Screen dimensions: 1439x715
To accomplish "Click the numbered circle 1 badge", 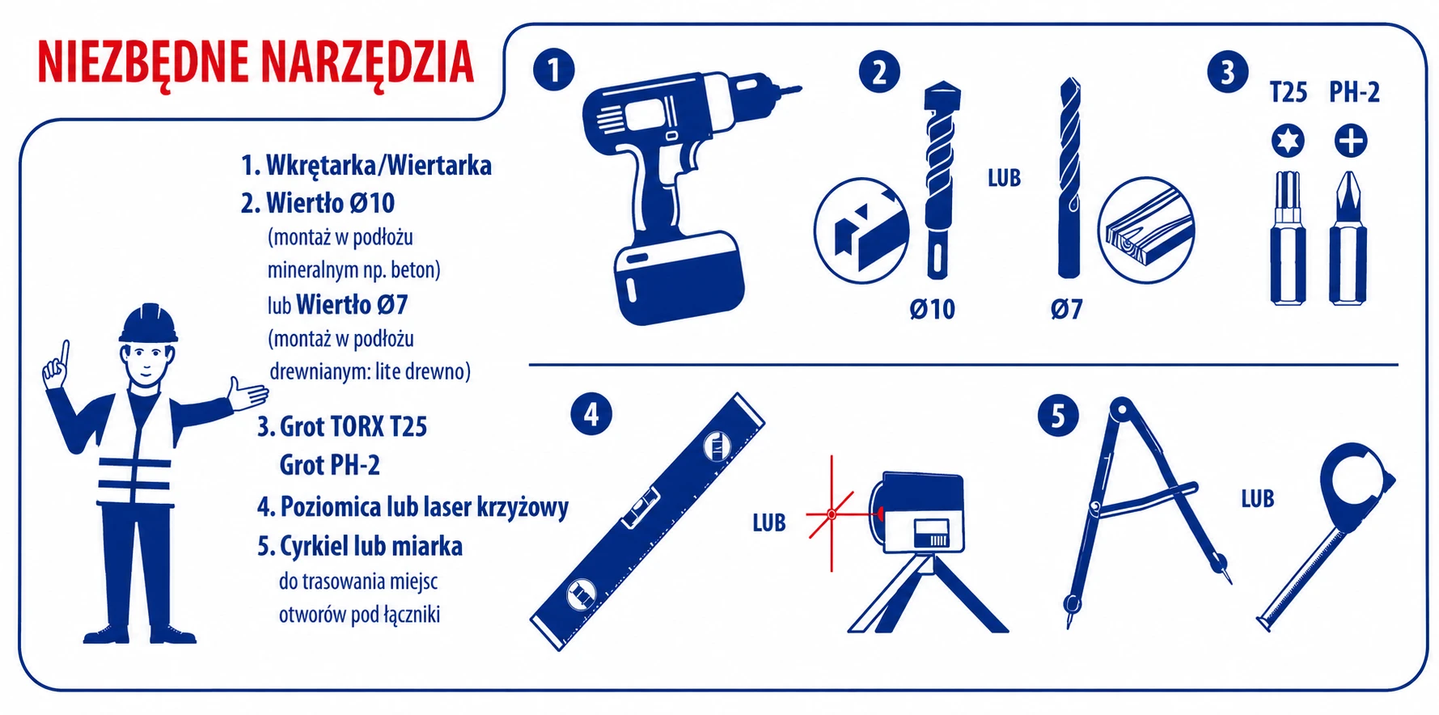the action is [x=554, y=70].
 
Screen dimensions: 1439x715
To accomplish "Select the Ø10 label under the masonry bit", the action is [x=932, y=309].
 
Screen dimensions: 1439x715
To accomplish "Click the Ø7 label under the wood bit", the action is [x=1066, y=309].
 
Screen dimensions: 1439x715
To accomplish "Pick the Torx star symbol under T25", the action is [x=1287, y=141].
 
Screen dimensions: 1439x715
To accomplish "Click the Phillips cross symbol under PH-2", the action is [x=1350, y=141].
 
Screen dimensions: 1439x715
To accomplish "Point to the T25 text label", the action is [x=1289, y=93].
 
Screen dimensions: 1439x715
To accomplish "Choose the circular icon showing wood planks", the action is [x=1145, y=231].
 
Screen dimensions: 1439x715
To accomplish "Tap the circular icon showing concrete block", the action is [x=862, y=231].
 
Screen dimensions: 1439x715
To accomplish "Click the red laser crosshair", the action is [x=832, y=514].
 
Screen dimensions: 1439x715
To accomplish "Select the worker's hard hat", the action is [x=148, y=324].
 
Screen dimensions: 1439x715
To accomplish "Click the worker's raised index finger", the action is [x=64, y=353].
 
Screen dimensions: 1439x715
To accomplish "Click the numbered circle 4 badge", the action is [x=590, y=415].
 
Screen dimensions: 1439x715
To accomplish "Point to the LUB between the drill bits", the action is [x=1004, y=178].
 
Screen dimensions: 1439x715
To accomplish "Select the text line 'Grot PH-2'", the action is [x=329, y=465].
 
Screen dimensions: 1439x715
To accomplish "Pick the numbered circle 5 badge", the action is [x=1058, y=417].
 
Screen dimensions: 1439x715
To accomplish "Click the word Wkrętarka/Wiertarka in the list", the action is [x=379, y=166].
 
